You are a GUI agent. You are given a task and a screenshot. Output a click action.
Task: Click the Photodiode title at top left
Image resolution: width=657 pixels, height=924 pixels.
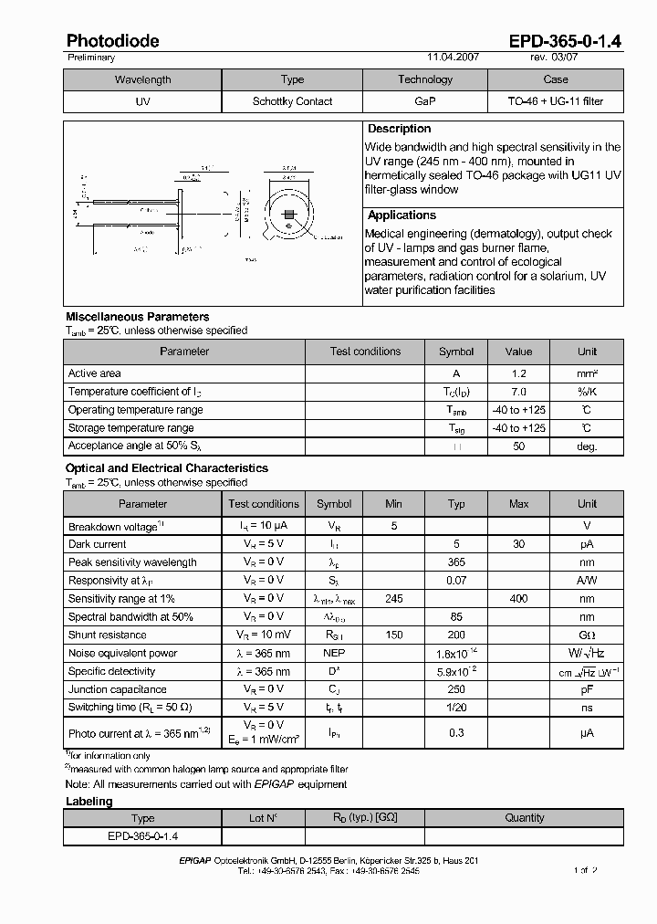pyautogui.click(x=112, y=41)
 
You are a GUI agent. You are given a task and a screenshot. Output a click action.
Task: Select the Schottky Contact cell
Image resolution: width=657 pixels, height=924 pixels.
pyautogui.click(x=292, y=101)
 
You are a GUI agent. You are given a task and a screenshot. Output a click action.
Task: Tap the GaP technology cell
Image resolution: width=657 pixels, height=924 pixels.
pyautogui.click(x=424, y=101)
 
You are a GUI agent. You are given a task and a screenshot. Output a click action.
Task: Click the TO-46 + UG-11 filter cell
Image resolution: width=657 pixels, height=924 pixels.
pyautogui.click(x=555, y=101)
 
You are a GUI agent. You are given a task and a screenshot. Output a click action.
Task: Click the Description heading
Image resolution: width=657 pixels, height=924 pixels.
pyautogui.click(x=399, y=129)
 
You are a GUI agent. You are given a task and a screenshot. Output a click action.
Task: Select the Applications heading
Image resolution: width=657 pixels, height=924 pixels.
pyautogui.click(x=401, y=215)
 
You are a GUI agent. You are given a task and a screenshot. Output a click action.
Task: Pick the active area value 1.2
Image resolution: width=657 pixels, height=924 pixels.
pyautogui.click(x=518, y=373)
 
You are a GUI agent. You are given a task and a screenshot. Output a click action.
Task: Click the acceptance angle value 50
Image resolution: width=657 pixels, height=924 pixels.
pyautogui.click(x=518, y=446)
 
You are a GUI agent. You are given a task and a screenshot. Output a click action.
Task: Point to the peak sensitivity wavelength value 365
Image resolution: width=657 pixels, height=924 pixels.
pyautogui.click(x=457, y=562)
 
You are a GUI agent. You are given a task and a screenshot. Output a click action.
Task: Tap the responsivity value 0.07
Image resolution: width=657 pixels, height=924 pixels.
pyautogui.click(x=457, y=581)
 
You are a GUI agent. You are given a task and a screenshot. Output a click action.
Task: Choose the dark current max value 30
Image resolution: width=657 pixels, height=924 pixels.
pyautogui.click(x=518, y=544)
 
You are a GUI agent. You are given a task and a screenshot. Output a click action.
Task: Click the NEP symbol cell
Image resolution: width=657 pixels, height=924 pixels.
pyautogui.click(x=334, y=654)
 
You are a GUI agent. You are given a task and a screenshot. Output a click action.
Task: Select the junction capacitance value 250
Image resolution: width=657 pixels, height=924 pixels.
pyautogui.click(x=457, y=690)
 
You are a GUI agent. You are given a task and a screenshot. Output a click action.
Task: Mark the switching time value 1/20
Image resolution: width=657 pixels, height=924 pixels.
pyautogui.click(x=457, y=708)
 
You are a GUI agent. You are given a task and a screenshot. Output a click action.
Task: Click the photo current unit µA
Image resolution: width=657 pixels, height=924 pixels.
pyautogui.click(x=587, y=732)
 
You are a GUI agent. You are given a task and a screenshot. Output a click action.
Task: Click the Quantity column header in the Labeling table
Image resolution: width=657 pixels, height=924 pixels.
pyautogui.click(x=525, y=818)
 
